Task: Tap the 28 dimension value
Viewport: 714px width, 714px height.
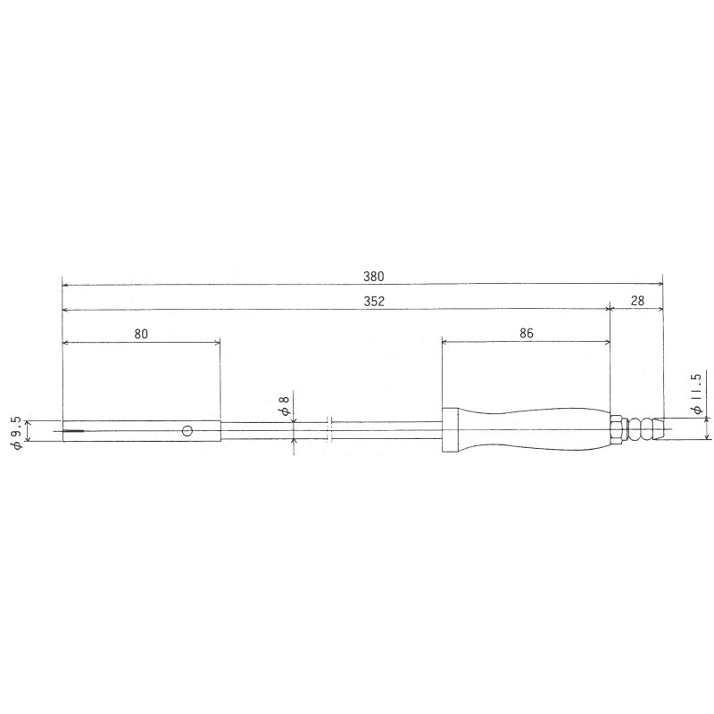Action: tap(637, 302)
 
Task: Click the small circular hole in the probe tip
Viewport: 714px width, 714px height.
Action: tap(187, 431)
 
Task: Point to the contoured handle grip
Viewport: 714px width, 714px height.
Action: tap(535, 431)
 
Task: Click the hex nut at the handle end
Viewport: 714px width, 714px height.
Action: tap(615, 431)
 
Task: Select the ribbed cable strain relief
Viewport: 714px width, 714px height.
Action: tap(643, 431)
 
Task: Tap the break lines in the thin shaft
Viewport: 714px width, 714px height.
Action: tap(329, 431)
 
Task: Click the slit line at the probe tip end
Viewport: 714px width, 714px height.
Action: tap(72, 432)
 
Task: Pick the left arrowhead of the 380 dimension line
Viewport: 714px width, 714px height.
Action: tap(65, 285)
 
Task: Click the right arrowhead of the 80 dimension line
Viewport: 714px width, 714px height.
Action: tap(217, 341)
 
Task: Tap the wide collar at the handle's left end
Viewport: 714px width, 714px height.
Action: tap(452, 431)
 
